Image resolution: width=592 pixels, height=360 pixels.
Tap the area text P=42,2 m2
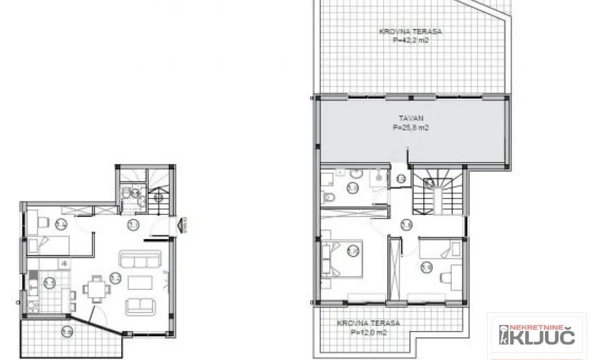[x=411, y=40]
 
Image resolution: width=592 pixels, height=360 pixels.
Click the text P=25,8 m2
[x=411, y=127]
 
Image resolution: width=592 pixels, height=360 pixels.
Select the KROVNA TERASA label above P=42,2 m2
[x=411, y=31]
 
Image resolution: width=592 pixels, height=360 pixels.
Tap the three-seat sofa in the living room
[x=139, y=260]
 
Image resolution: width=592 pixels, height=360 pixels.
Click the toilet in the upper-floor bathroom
[x=329, y=198]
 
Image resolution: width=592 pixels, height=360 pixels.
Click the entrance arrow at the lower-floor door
[x=181, y=226]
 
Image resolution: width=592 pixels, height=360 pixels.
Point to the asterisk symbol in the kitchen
[x=63, y=263]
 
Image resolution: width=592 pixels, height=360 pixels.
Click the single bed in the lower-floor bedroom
[x=48, y=244]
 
